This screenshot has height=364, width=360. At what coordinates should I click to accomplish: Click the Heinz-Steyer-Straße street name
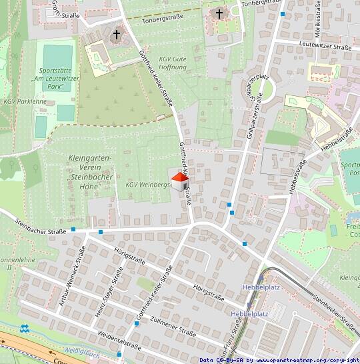coord(110,287)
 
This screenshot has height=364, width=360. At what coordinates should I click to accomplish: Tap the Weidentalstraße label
coord(119,339)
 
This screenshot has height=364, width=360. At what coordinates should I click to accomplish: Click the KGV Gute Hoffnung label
coord(173,63)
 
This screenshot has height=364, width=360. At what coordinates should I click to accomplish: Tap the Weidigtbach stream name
coord(81,350)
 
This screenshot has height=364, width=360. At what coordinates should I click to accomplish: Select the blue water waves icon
coord(25,329)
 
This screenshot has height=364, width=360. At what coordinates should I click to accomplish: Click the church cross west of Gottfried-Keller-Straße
coord(117,34)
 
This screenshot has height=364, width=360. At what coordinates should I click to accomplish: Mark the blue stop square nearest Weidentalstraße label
coord(136,323)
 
